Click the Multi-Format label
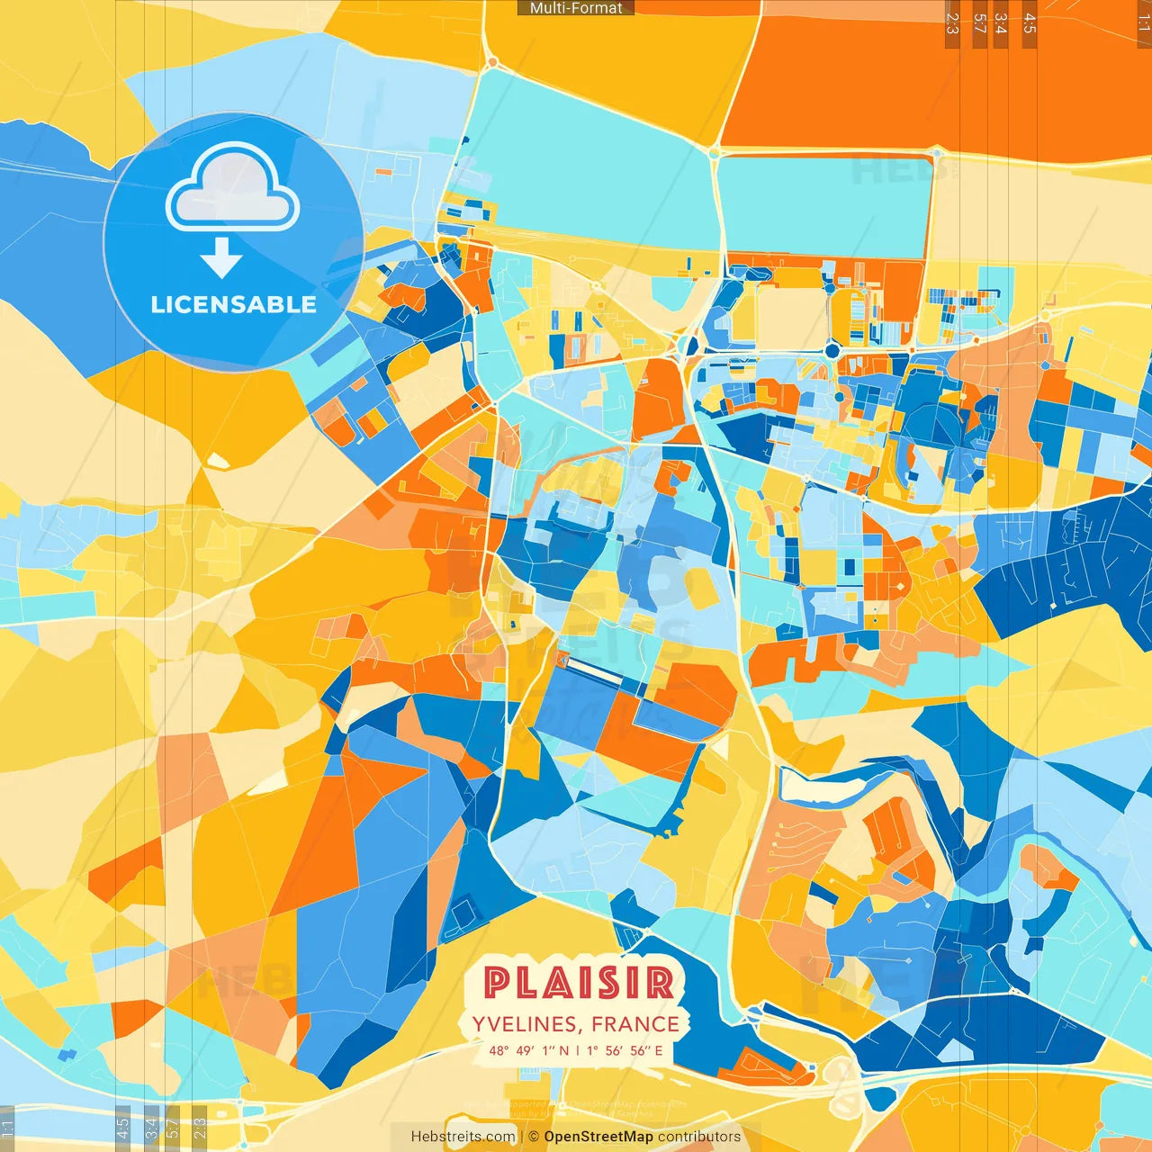pos(576,8)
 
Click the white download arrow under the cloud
pos(221,257)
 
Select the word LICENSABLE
pos(233,304)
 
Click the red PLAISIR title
pos(579,983)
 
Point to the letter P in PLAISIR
pos(498,983)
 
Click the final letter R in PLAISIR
pos(660,983)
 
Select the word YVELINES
pos(524,1024)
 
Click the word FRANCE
pos(635,1024)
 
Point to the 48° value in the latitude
pos(499,1050)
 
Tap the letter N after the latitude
pos(564,1050)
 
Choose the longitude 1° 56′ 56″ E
pos(625,1050)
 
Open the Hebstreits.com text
pos(463,1137)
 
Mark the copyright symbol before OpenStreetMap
pos(534,1137)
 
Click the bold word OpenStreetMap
pos(598,1137)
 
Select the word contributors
pos(699,1137)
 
